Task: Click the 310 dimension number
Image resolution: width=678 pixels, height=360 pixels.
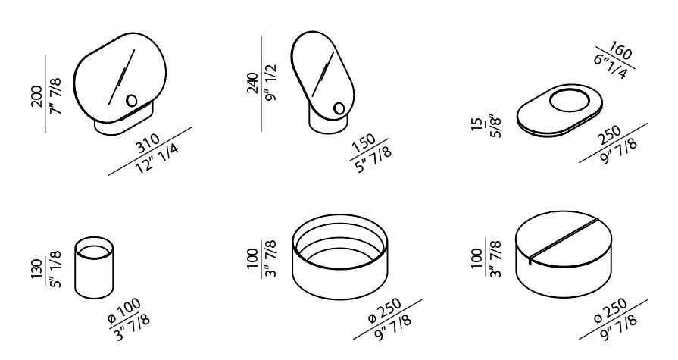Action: [148, 144]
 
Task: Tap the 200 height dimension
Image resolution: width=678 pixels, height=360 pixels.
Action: [37, 97]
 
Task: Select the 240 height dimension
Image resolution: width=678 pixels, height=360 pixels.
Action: [252, 83]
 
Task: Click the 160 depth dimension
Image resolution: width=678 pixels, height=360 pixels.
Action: [620, 50]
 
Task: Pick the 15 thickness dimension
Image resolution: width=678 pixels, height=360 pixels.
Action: [476, 124]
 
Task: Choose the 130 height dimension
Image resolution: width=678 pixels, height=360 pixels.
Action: [37, 269]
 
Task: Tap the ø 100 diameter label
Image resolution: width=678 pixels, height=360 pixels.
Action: [124, 311]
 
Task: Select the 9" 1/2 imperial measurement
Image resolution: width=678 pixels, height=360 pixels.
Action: [270, 83]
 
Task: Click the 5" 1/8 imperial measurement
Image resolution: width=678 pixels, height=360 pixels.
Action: [56, 269]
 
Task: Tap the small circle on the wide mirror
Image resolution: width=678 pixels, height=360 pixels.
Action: [132, 101]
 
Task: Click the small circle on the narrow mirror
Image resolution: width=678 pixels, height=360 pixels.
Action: [339, 108]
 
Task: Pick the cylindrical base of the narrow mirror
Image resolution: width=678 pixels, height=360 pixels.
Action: [328, 123]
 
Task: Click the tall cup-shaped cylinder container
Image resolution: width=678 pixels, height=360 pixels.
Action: [95, 268]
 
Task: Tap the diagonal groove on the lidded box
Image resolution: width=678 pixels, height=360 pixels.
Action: [564, 239]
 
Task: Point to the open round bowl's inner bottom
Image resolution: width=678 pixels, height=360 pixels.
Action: [339, 260]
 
